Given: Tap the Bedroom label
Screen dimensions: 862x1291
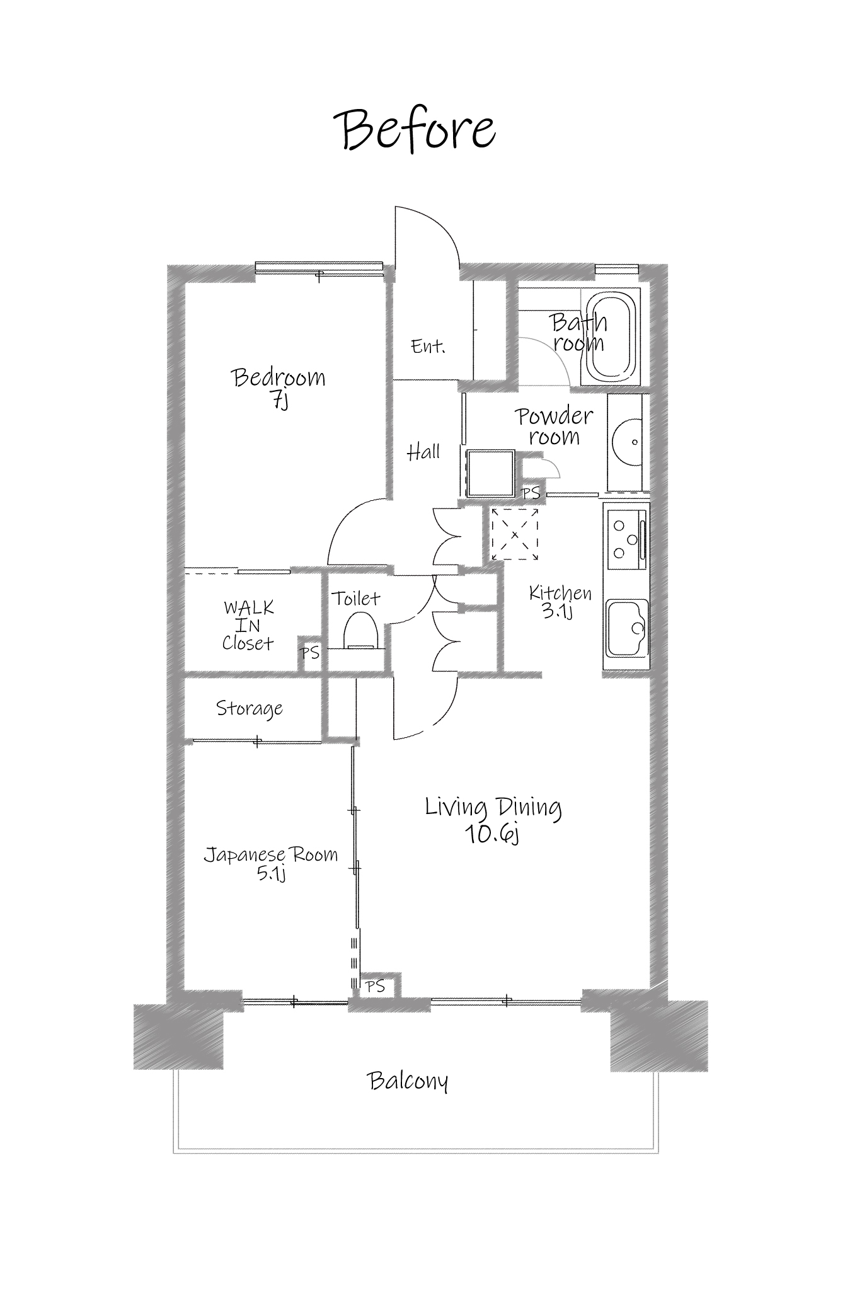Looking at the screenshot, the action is click(279, 377).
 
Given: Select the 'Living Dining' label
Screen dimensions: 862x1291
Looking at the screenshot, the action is click(493, 807).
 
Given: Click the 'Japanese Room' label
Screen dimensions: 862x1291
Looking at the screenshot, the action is click(271, 855).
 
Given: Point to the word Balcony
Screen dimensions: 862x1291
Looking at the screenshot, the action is click(408, 1081).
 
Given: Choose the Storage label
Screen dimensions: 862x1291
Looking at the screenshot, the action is click(250, 708).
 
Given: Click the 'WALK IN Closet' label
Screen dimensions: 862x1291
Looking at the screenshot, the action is click(248, 626).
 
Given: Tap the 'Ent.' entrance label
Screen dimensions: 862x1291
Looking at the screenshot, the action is click(428, 346).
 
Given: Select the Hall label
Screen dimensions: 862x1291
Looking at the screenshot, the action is click(423, 451).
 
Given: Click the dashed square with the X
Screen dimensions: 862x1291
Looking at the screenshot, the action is click(515, 534).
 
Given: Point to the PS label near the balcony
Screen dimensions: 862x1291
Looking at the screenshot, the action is click(376, 986).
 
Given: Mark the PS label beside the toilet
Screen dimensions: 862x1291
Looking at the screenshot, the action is click(310, 653).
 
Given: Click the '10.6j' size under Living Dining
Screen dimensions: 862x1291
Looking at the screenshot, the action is click(491, 834).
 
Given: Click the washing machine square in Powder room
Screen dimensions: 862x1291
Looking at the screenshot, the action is click(491, 474).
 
